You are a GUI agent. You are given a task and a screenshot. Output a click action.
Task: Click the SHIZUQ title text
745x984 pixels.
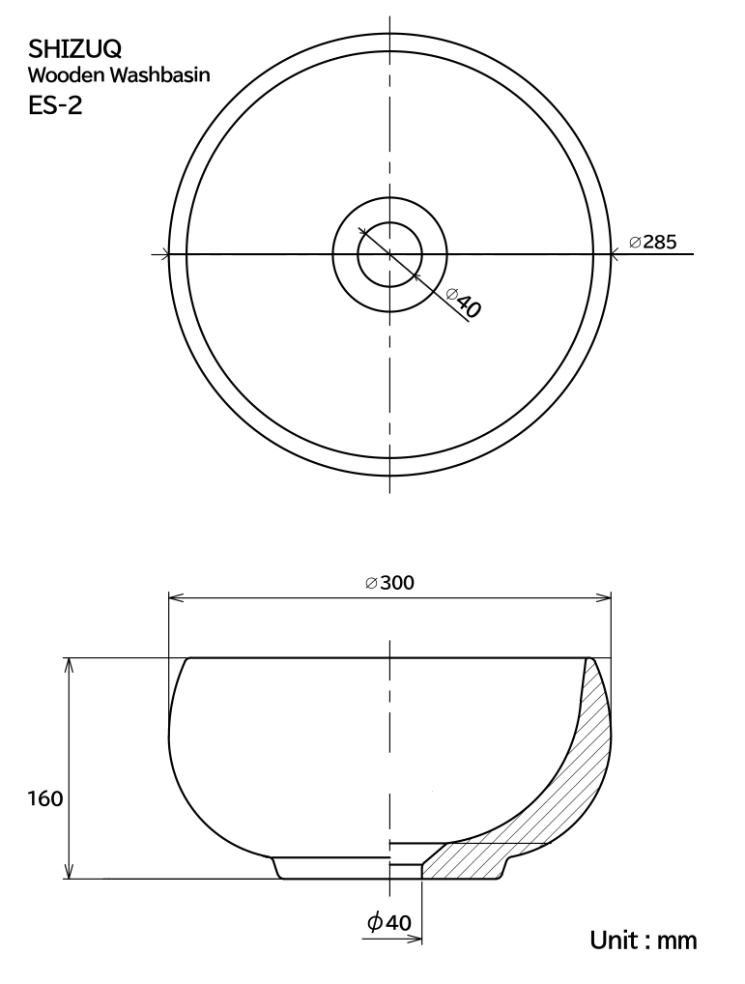point(75,49)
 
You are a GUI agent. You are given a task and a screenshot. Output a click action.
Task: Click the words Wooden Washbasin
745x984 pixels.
point(119,75)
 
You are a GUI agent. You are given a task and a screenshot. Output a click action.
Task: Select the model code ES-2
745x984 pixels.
point(55,104)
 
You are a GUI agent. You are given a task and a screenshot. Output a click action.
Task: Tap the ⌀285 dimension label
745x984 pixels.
point(653,242)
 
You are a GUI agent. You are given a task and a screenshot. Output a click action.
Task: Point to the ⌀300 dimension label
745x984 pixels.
point(389,583)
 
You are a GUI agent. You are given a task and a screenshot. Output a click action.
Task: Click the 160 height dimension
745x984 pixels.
point(45,798)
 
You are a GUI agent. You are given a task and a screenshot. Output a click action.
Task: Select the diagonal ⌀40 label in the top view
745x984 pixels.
point(464,302)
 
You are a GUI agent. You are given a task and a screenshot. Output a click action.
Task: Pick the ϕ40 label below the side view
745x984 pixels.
point(389,922)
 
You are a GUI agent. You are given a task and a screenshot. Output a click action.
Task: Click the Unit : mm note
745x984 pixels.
point(644,941)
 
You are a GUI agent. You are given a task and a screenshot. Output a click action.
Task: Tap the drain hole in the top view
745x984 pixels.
point(390,254)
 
